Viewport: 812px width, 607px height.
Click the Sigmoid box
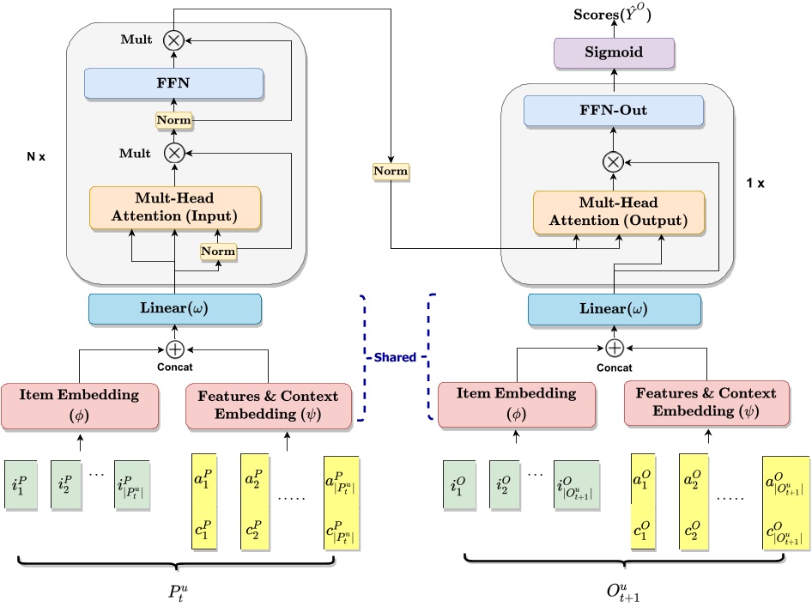[x=614, y=52]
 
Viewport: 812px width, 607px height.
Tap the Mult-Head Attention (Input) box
[x=174, y=207]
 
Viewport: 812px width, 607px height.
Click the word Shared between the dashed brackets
[x=394, y=357]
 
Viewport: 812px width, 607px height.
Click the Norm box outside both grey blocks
[x=390, y=172]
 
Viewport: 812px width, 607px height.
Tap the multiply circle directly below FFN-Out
[x=613, y=161]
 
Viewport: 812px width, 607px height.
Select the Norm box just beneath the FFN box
[x=173, y=120]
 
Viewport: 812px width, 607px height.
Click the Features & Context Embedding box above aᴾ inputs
[x=269, y=404]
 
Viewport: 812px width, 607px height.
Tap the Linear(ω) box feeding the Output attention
[x=615, y=310]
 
